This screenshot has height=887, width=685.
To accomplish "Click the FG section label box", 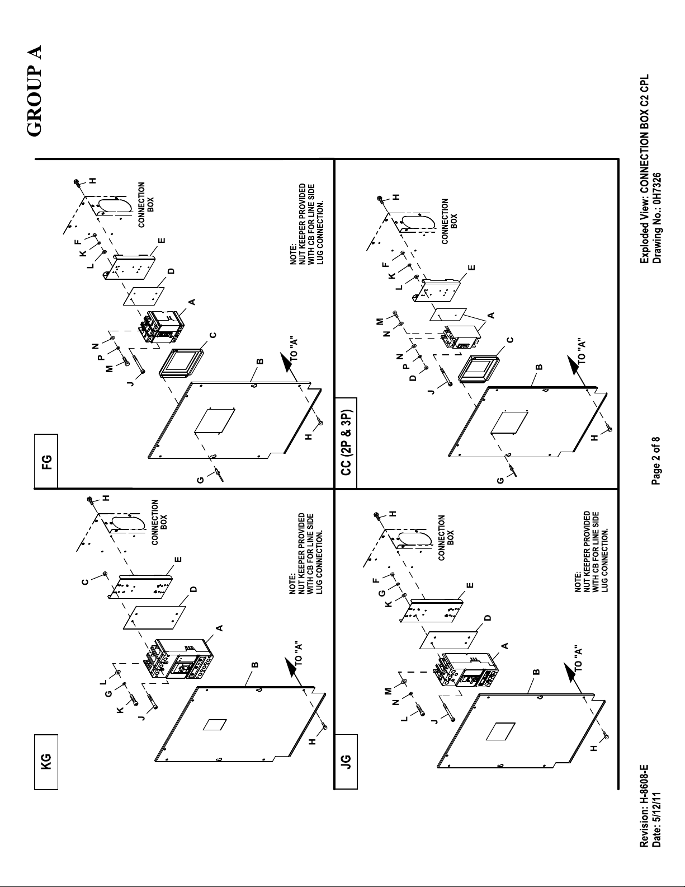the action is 46,461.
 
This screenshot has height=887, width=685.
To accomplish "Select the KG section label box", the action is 46,762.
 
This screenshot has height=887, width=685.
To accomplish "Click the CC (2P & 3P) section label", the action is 346,443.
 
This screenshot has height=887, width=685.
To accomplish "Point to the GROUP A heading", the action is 34,91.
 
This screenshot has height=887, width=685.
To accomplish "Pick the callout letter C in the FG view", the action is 212,335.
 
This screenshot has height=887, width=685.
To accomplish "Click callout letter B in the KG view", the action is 255,665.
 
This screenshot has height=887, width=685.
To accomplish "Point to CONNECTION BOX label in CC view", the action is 450,221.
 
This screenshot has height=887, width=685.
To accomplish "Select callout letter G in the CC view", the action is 500,481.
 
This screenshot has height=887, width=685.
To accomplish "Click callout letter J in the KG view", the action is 141,716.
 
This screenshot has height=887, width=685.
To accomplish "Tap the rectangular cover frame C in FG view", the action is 181,362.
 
